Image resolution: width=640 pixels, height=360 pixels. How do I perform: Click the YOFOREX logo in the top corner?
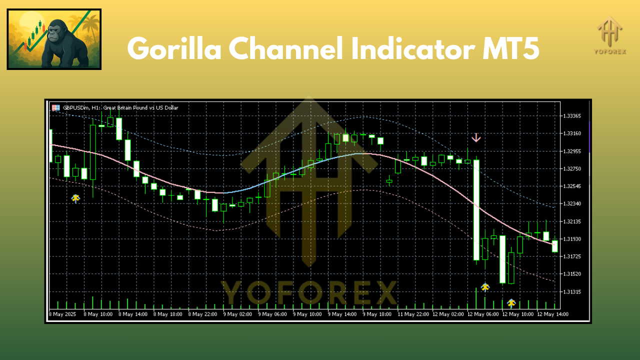tap(609, 35)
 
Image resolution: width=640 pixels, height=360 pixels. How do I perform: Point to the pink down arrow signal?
tap(476, 137)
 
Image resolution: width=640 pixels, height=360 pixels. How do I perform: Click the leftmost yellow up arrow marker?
tap(75, 198)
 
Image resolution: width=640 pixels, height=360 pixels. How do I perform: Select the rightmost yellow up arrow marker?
tap(511, 302)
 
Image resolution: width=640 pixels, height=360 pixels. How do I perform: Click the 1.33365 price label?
tap(571, 116)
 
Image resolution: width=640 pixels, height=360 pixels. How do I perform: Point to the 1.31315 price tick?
tap(571, 291)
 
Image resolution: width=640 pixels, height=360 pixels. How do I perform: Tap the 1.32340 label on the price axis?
tap(571, 203)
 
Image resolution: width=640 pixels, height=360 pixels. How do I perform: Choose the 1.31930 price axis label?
tap(571, 239)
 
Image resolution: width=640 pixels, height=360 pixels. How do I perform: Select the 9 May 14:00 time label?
tap(342, 314)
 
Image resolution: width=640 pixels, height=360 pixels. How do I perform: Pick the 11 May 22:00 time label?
tap(413, 314)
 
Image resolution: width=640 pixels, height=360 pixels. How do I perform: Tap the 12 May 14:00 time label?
tap(552, 314)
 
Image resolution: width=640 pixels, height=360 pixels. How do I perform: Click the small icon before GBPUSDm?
tap(56, 107)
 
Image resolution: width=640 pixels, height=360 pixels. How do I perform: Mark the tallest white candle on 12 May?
tap(476, 210)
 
